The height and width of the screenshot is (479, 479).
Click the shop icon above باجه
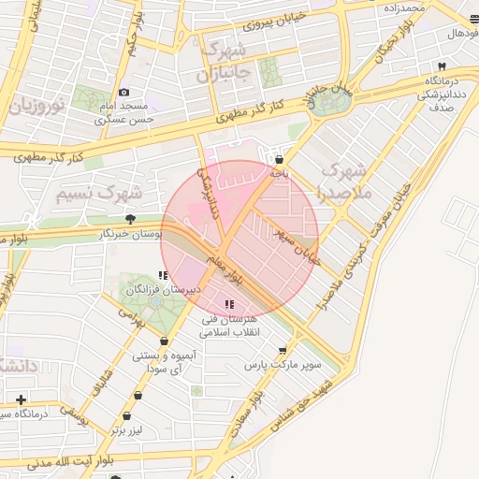coord(277,159)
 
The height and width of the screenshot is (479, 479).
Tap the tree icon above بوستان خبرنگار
coord(130,219)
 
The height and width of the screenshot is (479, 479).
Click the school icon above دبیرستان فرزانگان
coord(163,276)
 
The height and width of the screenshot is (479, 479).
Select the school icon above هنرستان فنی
coord(229,304)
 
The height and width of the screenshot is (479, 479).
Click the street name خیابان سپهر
coord(298,245)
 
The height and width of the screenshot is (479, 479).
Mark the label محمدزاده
coord(403,7)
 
